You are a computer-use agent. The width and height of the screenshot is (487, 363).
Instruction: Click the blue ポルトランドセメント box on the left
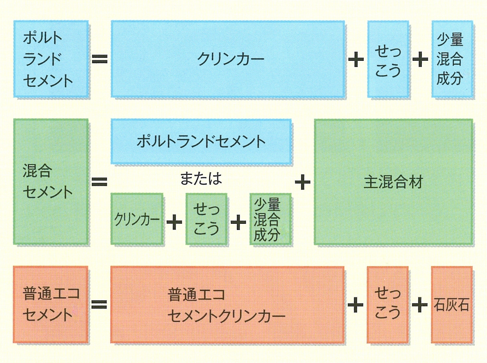pyautogui.click(x=51, y=59)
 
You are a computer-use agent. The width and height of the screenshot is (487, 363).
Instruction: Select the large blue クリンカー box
pyautogui.click(x=228, y=59)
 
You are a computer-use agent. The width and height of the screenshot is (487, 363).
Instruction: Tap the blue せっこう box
pyautogui.click(x=388, y=59)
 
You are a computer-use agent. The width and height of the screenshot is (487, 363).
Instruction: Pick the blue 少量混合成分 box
pyautogui.click(x=452, y=59)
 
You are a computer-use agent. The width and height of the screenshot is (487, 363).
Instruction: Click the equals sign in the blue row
pyautogui.click(x=99, y=59)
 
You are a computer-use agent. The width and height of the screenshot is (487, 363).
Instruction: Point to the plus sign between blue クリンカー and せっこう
pyautogui.click(x=356, y=59)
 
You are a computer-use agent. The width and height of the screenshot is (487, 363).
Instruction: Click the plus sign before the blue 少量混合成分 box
pyautogui.click(x=420, y=59)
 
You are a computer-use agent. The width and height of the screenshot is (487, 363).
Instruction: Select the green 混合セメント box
pyautogui.click(x=51, y=181)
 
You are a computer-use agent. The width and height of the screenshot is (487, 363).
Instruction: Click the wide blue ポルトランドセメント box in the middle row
pyautogui.click(x=201, y=142)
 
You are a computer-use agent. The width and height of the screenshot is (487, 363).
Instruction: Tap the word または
pyautogui.click(x=201, y=178)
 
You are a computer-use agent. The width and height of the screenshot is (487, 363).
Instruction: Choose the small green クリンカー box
pyautogui.click(x=137, y=219)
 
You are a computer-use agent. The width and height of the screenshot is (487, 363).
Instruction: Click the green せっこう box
pyautogui.click(x=206, y=219)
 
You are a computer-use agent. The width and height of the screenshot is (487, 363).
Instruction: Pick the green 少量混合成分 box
pyautogui.click(x=270, y=219)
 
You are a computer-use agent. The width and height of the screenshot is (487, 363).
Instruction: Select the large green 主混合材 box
pyautogui.click(x=393, y=182)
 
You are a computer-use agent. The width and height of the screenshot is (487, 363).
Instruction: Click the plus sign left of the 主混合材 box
pyautogui.click(x=302, y=182)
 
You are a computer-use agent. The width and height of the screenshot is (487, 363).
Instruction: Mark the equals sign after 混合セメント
pyautogui.click(x=99, y=181)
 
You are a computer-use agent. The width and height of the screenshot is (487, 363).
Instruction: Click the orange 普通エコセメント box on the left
pyautogui.click(x=51, y=304)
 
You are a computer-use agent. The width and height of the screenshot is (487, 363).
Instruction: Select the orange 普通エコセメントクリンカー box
pyautogui.click(x=227, y=304)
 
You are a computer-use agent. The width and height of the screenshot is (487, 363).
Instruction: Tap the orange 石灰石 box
pyautogui.click(x=452, y=304)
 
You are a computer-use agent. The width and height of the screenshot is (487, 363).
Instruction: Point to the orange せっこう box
pyautogui.click(x=388, y=304)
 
